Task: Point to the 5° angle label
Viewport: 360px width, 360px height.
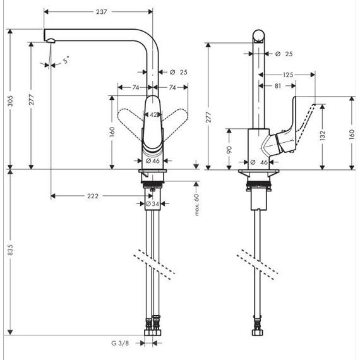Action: click(66, 62)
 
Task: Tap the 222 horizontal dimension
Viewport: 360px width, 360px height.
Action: click(92, 196)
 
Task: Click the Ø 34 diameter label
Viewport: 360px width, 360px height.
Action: click(153, 204)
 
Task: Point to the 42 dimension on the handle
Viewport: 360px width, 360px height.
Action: click(153, 114)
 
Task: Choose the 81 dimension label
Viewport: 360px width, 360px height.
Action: click(279, 85)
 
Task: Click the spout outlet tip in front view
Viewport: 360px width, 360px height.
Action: click(49, 40)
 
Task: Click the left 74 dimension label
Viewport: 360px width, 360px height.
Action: click(135, 87)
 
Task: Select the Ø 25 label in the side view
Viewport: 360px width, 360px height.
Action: click(285, 54)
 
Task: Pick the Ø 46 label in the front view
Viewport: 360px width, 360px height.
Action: click(152, 161)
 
